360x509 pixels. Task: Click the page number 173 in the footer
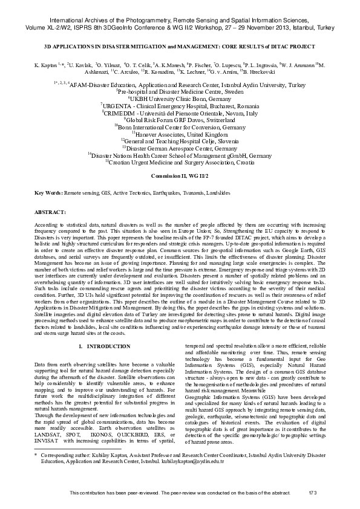tap(313, 493)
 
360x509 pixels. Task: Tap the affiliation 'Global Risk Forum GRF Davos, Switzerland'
tap(180, 120)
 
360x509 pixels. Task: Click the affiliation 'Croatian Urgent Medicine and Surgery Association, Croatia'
tap(180, 161)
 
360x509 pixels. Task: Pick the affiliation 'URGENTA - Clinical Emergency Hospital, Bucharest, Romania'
tap(180, 105)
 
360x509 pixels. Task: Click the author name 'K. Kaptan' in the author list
tap(45, 64)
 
